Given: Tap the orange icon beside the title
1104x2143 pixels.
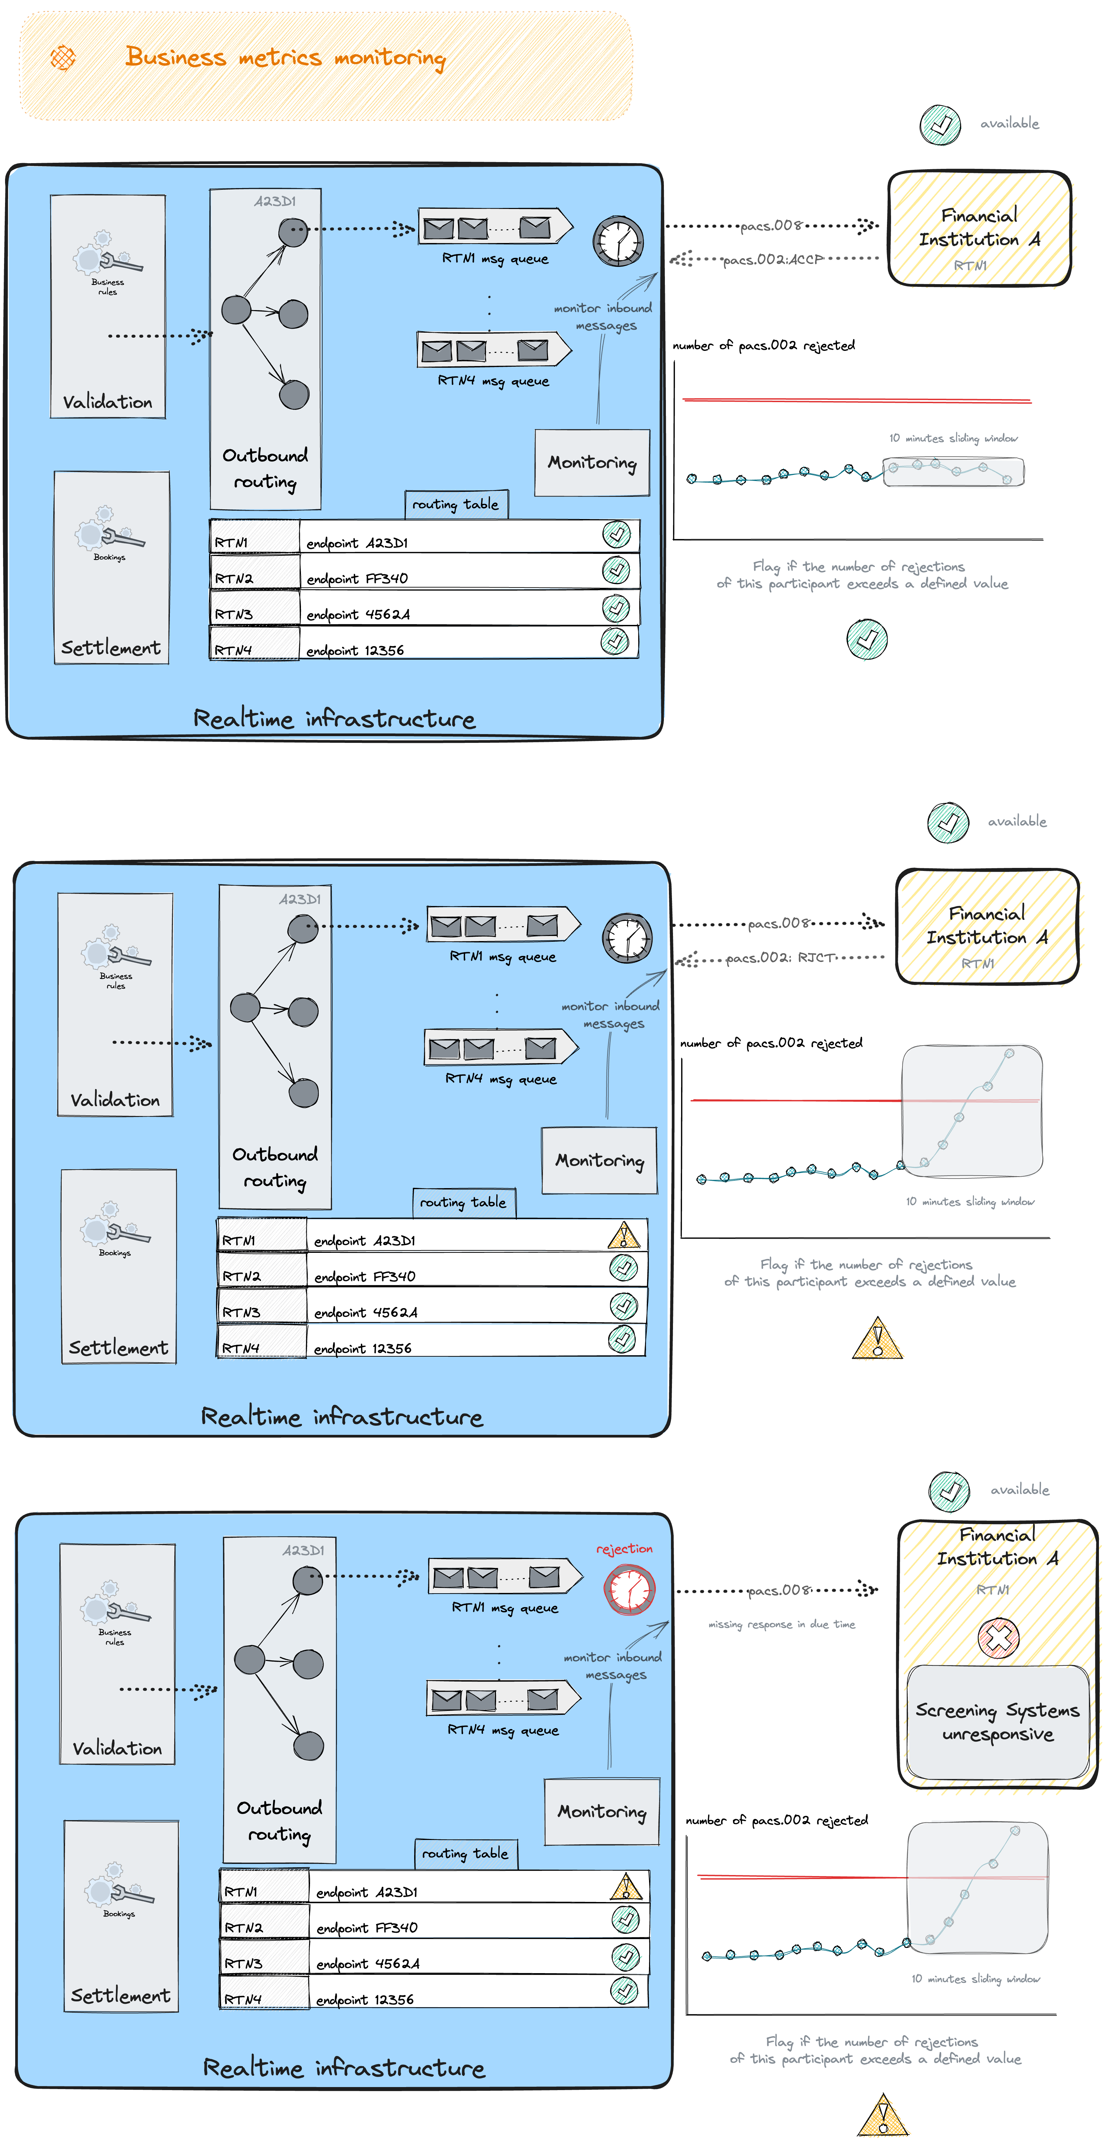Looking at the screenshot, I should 63,57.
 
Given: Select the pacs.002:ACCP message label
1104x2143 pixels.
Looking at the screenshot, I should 772,260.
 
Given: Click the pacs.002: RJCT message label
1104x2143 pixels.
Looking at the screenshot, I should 779,958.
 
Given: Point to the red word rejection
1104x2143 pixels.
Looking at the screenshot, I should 624,1548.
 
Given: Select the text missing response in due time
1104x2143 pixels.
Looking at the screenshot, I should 781,1624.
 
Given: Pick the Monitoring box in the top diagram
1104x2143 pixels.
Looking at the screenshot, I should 591,462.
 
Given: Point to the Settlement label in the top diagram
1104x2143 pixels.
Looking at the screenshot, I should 111,647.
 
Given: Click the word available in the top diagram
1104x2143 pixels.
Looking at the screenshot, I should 1009,123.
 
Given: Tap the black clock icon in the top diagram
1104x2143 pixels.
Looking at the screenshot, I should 617,241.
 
